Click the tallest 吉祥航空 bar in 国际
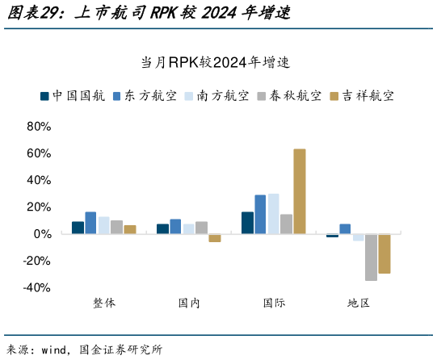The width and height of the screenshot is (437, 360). (299, 191)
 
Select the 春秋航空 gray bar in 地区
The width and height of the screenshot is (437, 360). (371, 257)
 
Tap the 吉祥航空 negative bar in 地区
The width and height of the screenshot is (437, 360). (384, 253)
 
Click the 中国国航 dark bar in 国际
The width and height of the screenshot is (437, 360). (247, 223)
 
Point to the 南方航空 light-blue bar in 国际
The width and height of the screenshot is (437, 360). (273, 214)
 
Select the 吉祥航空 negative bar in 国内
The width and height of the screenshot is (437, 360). (214, 238)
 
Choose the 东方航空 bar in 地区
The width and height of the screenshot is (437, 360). (345, 228)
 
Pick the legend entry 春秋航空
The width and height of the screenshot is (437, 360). (289, 95)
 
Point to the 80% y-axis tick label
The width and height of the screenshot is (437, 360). (39, 127)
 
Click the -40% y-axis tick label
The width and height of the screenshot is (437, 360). (37, 287)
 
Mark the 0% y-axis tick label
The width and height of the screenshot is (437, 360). (42, 234)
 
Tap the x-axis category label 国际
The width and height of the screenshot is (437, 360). (274, 303)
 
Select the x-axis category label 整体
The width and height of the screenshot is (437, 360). (104, 303)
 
